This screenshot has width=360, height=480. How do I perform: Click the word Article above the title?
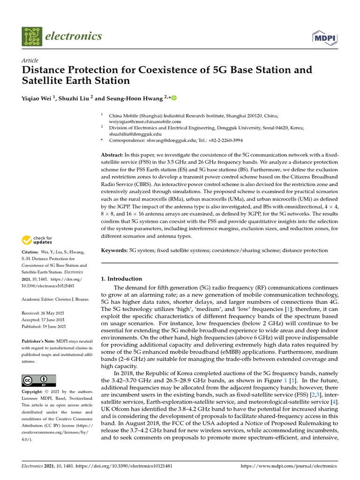point(30,60)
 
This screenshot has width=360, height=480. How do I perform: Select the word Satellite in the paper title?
point(44,81)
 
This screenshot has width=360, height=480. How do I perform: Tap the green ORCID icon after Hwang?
point(174,98)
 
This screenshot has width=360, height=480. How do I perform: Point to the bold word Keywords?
point(114,251)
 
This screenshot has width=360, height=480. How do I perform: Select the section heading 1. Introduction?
point(121,278)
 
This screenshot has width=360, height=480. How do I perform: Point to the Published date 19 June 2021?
point(53,326)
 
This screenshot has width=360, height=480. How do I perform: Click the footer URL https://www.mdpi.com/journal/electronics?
point(288,466)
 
